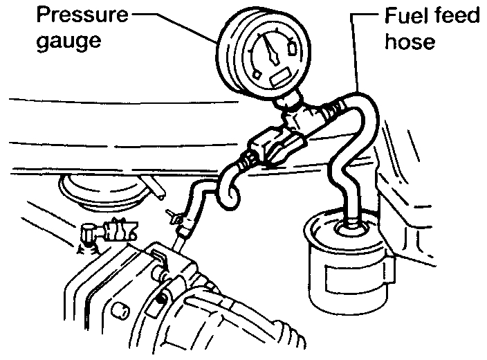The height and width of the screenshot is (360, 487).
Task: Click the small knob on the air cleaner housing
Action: click(119, 308)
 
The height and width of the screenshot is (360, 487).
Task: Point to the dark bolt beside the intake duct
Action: click(160, 298)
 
